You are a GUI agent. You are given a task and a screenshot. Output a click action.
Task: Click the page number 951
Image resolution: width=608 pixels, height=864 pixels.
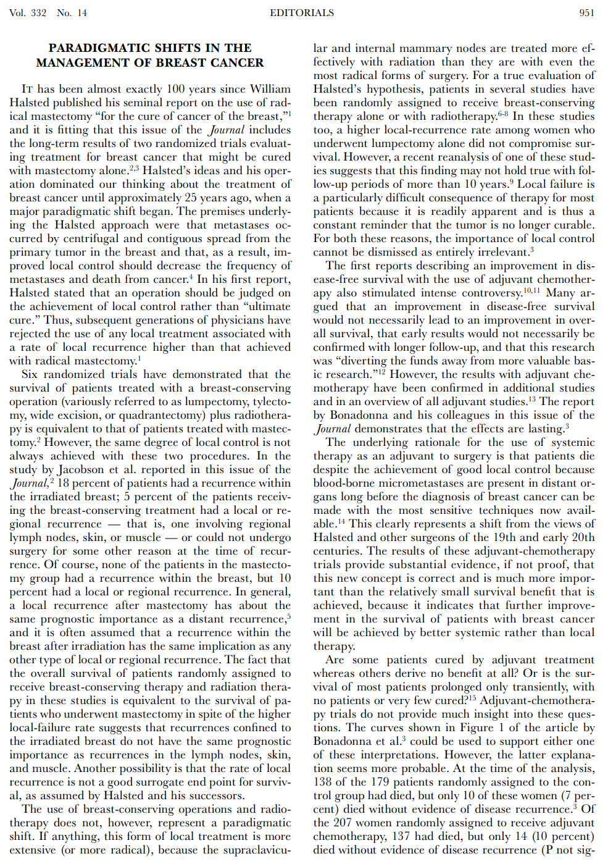pos(586,13)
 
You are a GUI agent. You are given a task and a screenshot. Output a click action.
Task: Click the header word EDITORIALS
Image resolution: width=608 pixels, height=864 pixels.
pos(302,13)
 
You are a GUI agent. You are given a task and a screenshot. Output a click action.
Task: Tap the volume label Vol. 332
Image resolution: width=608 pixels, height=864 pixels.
pos(28,13)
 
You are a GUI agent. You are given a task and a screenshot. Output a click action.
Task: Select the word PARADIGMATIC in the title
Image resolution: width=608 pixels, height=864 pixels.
pos(99,48)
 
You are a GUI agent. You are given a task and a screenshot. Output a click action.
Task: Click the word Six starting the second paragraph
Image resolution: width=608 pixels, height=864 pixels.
pos(29,374)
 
